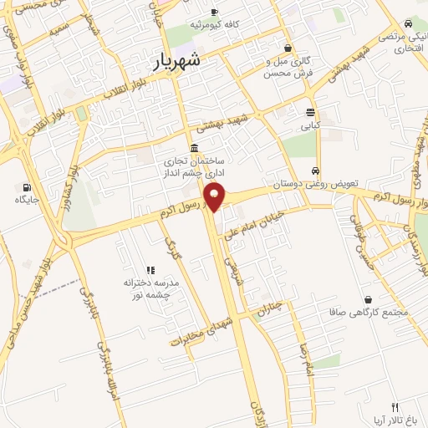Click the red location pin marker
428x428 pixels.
216,196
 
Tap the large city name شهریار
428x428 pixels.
188,60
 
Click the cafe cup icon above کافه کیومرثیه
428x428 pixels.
214,11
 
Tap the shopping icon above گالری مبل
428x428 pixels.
288,48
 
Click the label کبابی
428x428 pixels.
310,126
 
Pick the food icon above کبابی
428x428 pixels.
310,112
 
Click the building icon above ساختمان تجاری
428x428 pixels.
195,148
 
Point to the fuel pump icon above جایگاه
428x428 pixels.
28,186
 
